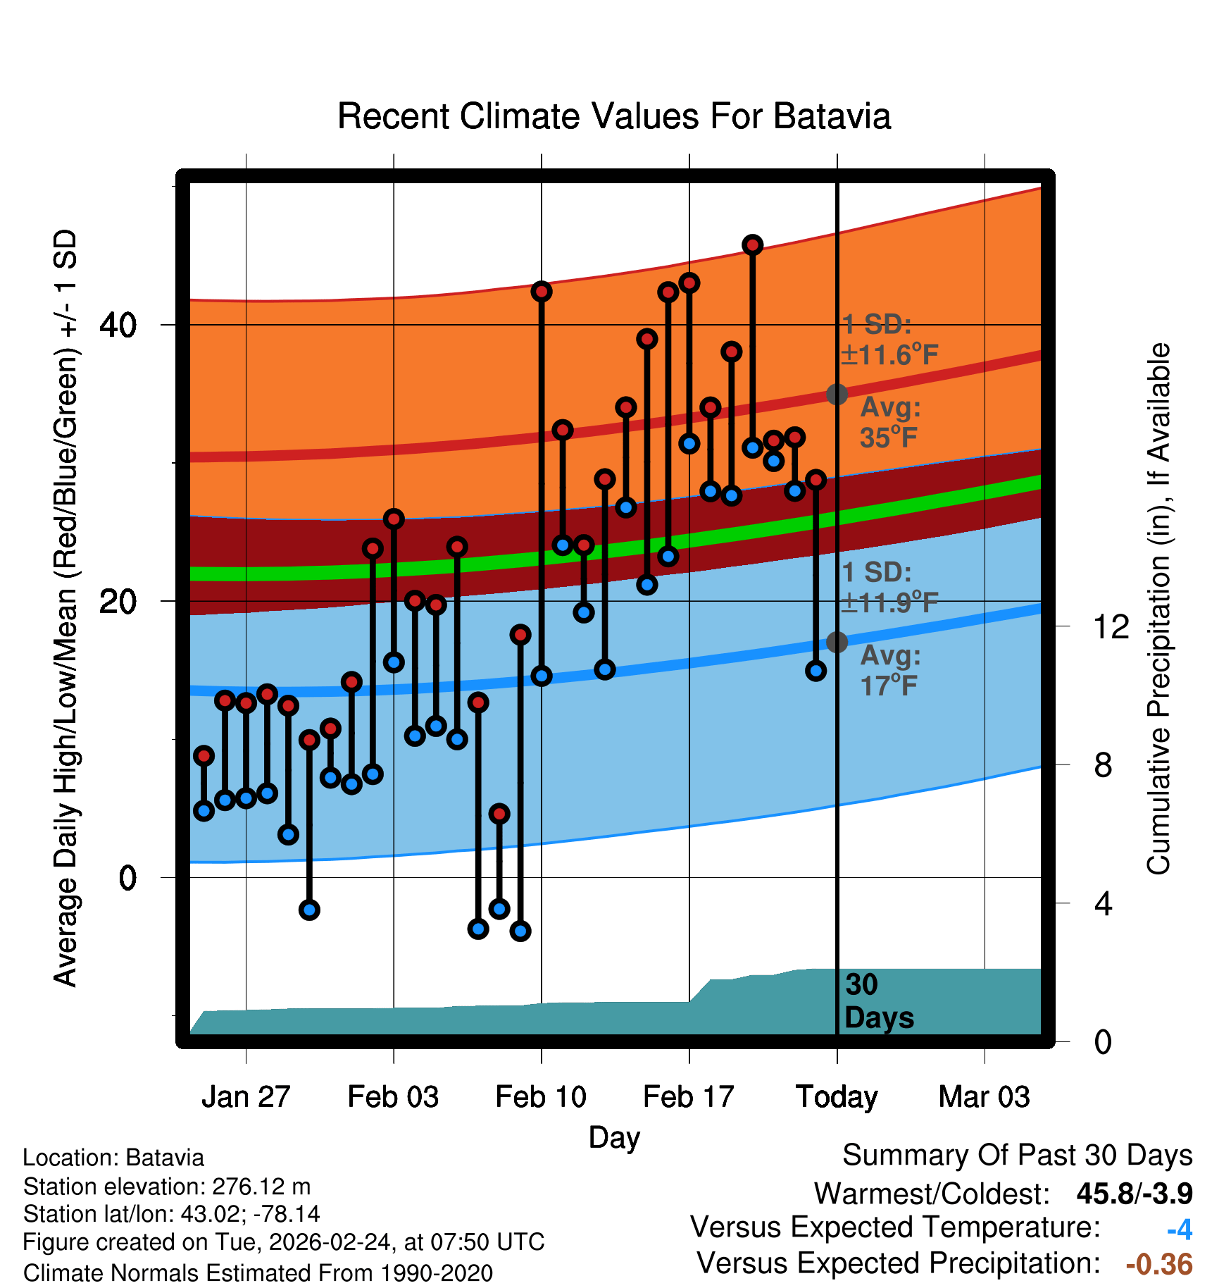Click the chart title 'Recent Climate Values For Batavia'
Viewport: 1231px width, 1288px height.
click(614, 116)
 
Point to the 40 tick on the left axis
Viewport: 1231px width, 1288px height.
click(118, 325)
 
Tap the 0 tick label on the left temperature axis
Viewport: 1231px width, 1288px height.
click(127, 878)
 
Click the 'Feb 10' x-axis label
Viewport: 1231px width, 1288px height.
click(541, 1097)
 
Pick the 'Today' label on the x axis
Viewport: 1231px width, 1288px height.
click(837, 1097)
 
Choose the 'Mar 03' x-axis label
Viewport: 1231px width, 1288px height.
click(984, 1097)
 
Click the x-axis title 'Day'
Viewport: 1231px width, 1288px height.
click(614, 1138)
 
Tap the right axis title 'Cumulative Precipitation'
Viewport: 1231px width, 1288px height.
click(1158, 609)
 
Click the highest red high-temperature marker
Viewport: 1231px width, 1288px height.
click(752, 245)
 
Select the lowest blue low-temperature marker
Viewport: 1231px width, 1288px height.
click(520, 931)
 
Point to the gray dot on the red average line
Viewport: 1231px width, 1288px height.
click(837, 394)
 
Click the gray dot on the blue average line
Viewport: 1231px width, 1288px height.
click(837, 642)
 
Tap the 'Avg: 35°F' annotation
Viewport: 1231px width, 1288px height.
click(889, 423)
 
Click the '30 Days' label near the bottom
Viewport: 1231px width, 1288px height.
click(878, 1001)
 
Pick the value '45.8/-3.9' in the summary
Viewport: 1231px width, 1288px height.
click(1134, 1194)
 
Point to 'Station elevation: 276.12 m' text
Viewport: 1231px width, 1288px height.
click(167, 1187)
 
